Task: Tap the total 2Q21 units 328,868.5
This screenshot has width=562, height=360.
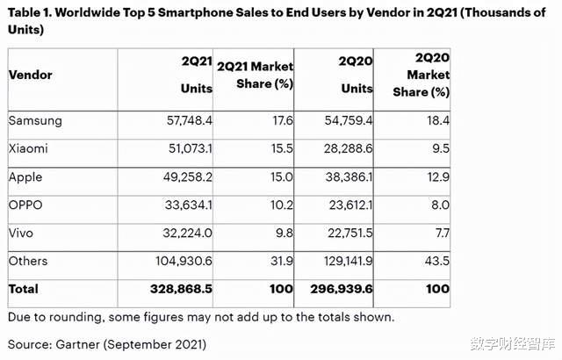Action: [x=169, y=288]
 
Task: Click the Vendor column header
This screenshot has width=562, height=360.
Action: [x=30, y=76]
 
